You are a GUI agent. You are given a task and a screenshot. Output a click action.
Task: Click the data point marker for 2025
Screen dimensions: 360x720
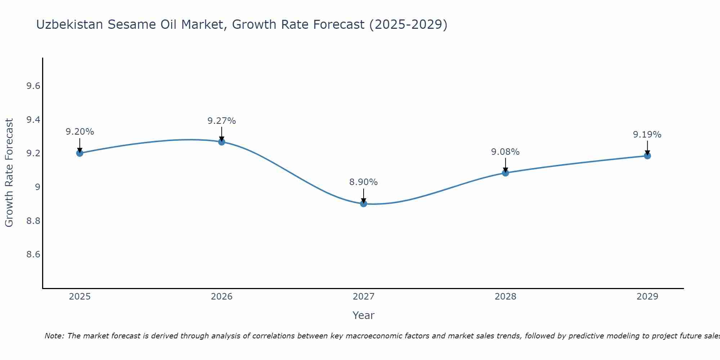tap(80, 153)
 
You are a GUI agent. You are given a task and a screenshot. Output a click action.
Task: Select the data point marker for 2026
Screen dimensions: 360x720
tap(221, 142)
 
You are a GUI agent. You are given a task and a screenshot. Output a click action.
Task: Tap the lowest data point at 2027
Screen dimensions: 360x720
tap(364, 204)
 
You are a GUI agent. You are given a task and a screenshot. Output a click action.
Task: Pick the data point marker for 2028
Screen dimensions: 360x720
tap(505, 173)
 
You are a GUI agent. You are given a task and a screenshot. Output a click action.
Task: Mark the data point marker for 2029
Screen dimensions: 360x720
tap(647, 156)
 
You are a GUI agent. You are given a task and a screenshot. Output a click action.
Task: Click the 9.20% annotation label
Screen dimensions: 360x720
tap(80, 132)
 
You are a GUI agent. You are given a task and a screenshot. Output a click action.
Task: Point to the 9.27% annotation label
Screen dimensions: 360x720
tap(221, 121)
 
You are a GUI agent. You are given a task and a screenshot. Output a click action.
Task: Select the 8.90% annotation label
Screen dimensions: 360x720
tap(364, 182)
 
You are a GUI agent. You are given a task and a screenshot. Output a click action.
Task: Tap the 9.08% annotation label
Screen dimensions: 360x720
tap(505, 152)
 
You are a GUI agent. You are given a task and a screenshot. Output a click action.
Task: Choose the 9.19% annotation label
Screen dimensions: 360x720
tap(647, 135)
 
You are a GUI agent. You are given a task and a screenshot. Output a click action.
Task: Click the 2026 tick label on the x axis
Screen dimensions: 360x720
tap(221, 297)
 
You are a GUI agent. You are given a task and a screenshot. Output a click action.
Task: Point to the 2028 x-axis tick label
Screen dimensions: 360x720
tap(505, 297)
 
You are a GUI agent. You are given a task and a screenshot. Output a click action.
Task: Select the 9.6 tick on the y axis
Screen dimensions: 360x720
tap(33, 86)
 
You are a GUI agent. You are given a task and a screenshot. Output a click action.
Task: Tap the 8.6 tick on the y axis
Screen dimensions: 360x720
tap(33, 255)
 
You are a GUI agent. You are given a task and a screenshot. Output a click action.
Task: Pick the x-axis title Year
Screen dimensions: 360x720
tap(364, 315)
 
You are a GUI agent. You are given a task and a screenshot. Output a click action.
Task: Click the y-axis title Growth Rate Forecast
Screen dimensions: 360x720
tap(9, 173)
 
